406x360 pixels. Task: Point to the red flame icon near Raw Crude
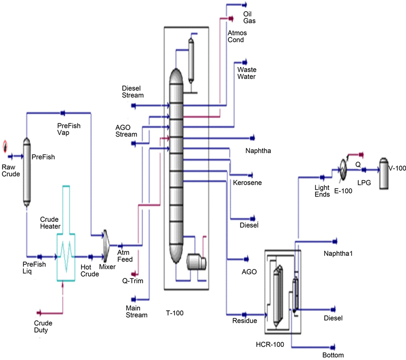click(6, 146)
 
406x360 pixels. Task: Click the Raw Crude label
click(10, 171)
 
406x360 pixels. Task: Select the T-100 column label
click(175, 313)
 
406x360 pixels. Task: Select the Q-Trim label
click(133, 280)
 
